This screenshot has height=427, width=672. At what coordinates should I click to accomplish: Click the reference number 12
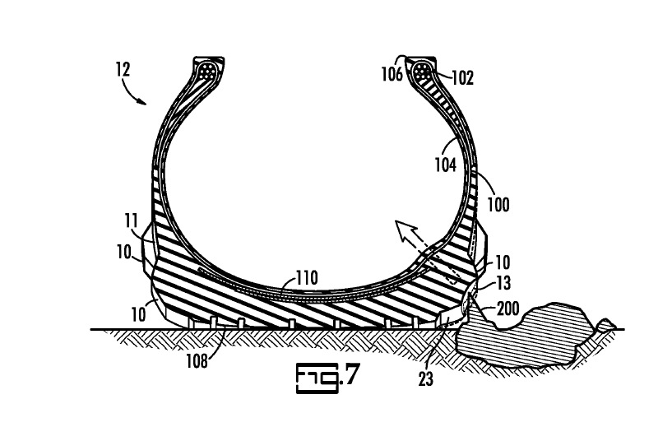[123, 69]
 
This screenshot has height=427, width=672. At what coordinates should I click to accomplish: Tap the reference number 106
[392, 74]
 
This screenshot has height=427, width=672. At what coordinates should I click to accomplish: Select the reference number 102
[463, 78]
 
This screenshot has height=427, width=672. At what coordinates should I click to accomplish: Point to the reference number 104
[446, 165]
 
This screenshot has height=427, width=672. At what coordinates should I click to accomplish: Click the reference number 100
[498, 205]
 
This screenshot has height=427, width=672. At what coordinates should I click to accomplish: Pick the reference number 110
[307, 277]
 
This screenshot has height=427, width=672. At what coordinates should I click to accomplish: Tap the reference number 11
[131, 220]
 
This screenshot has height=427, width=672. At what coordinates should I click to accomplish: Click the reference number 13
[503, 283]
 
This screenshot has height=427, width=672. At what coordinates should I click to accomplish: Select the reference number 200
[507, 309]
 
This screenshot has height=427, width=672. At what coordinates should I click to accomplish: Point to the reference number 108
[197, 361]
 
